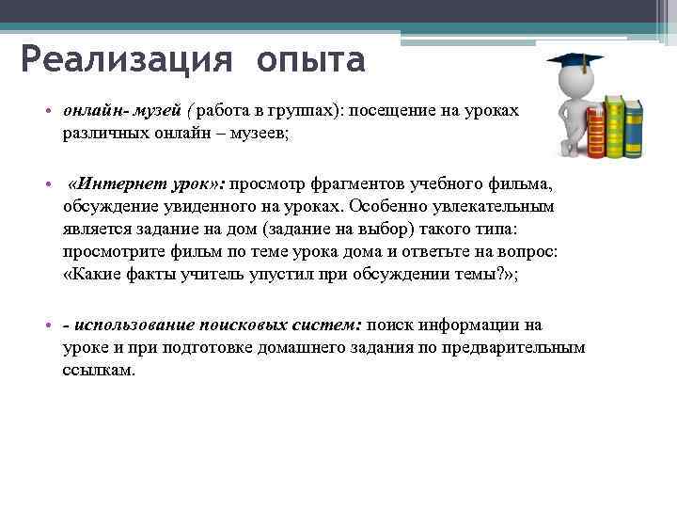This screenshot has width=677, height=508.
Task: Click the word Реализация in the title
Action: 124,60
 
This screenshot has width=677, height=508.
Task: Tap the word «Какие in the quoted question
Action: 93,274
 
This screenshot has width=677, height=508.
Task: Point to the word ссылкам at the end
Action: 99,370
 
